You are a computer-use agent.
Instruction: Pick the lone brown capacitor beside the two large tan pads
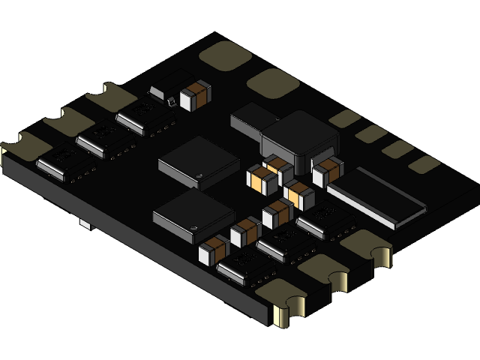[x=196, y=95]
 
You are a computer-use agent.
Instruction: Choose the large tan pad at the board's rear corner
[x=225, y=55]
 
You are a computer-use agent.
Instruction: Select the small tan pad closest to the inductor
[x=345, y=118]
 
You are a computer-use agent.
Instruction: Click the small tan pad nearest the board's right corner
[x=424, y=164]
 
